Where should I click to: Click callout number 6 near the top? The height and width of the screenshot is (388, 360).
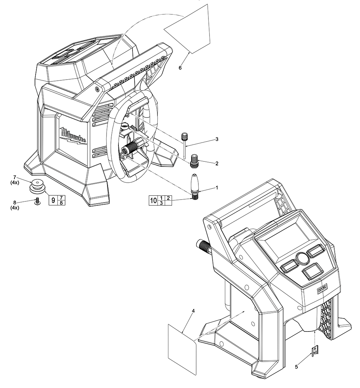pos(180,67)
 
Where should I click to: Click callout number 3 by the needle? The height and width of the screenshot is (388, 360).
pos(217,139)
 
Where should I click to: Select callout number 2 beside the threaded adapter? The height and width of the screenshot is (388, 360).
pos(217,163)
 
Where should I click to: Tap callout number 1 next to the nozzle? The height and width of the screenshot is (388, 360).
pos(217,188)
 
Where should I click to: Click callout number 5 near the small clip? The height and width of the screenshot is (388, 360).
pos(296,367)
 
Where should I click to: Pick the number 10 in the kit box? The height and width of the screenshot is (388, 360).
pos(153,201)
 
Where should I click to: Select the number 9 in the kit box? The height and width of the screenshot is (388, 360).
pos(53,200)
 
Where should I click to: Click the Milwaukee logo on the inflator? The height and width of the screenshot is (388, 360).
pos(73,136)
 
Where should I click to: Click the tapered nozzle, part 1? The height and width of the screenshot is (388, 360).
pos(195,186)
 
